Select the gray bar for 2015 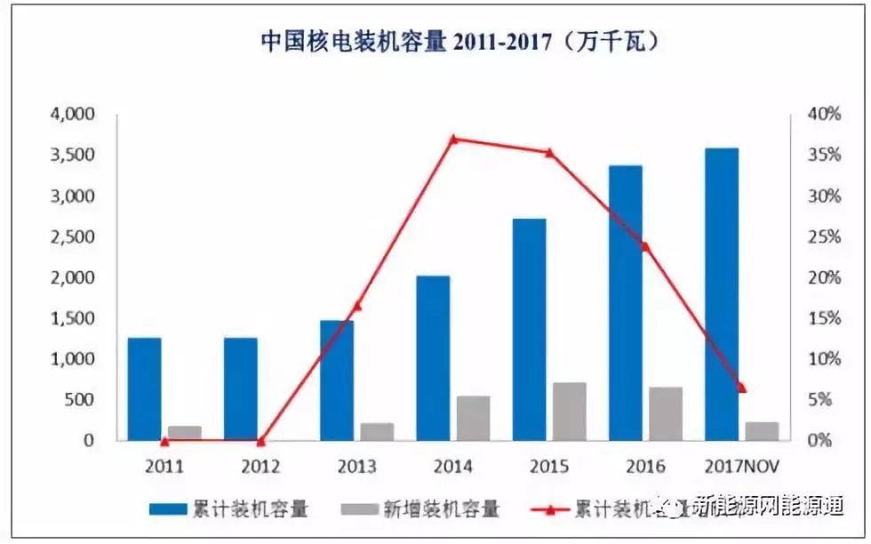pos(569,411)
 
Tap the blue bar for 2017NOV pos(722,293)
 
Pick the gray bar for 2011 pos(185,433)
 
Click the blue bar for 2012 pos(240,388)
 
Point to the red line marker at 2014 pos(453,139)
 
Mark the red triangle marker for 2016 pos(645,246)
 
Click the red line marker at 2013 pos(357,307)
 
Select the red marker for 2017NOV pos(742,388)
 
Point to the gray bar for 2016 pos(665,413)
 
